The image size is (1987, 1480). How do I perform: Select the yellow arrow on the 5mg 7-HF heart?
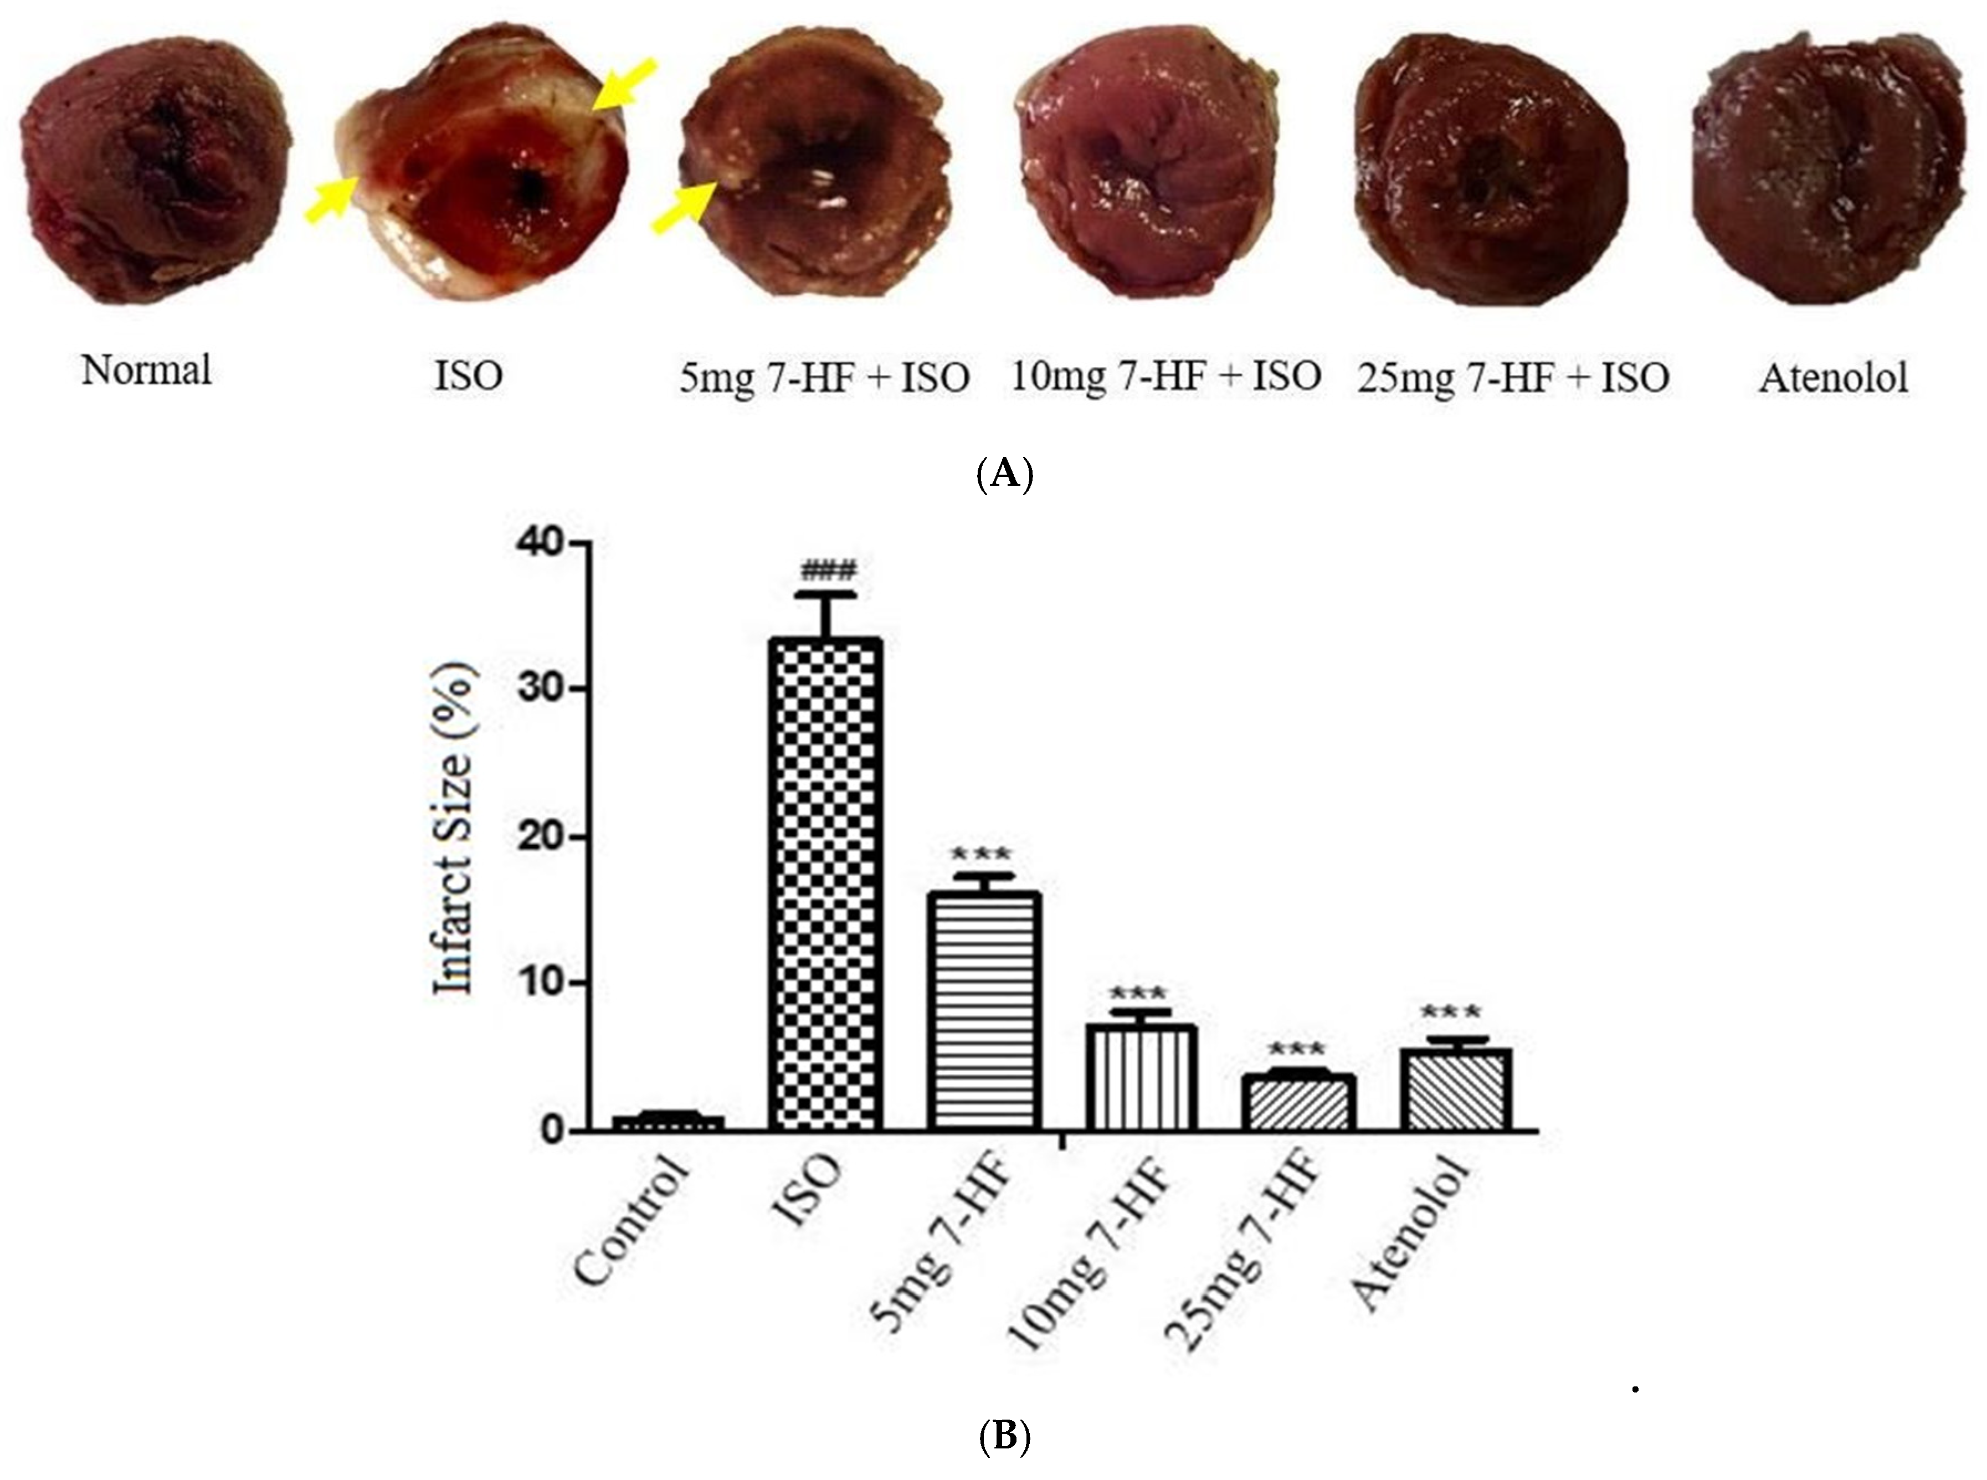click(x=684, y=205)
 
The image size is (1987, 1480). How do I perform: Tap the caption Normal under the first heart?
click(x=147, y=370)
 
